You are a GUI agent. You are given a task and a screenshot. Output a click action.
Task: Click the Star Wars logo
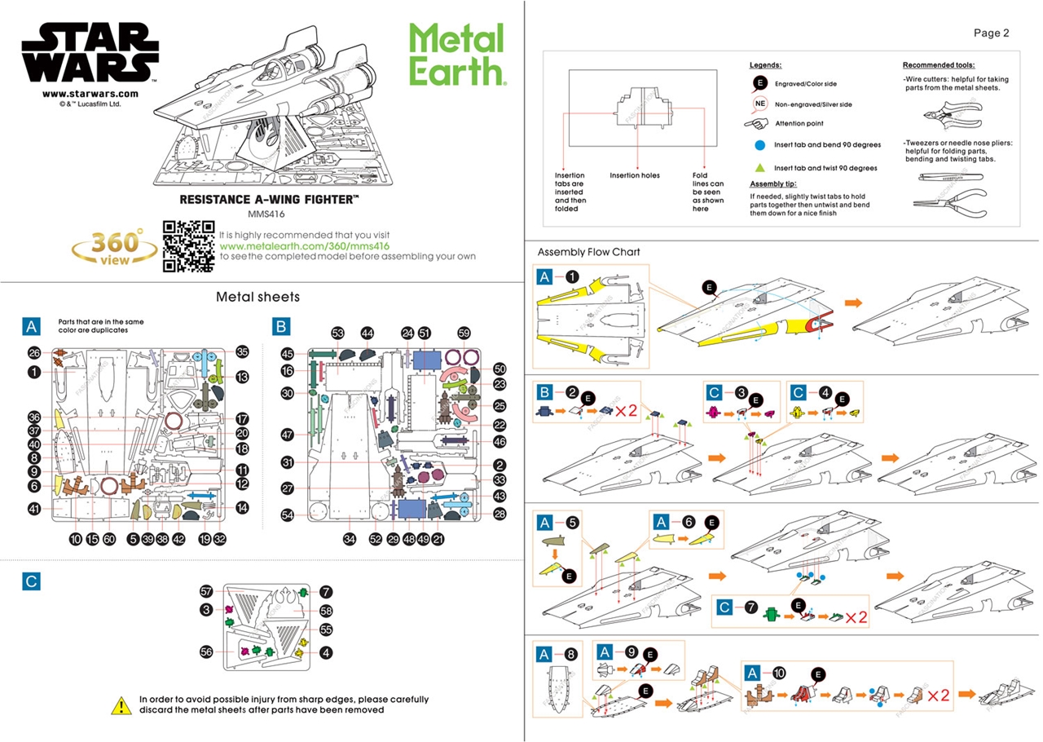[x=90, y=51]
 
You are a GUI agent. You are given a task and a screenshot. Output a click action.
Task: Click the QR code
[x=188, y=245]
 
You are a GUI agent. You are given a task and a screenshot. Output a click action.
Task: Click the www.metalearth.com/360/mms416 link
[x=305, y=245]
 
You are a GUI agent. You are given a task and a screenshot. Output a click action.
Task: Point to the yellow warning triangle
[x=121, y=704]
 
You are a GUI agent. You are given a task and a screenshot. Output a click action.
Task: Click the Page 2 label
[x=991, y=33]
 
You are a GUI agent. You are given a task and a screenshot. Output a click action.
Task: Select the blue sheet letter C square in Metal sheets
[x=31, y=581]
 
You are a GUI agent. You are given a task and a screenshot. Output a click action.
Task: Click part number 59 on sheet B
[x=464, y=333]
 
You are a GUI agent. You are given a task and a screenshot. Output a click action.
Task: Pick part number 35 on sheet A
[x=242, y=352]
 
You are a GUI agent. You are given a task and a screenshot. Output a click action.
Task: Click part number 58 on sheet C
[x=326, y=610]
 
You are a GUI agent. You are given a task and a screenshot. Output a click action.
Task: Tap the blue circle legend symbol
[x=759, y=144]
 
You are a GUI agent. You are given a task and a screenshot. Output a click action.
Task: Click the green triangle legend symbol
[x=759, y=167]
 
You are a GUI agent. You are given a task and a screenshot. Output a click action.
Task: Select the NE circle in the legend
[x=759, y=104]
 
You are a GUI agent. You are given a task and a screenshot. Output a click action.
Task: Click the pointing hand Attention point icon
[x=757, y=124]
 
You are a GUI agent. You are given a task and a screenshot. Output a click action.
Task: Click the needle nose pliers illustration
[x=949, y=200]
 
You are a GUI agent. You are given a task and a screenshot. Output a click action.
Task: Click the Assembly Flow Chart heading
[x=589, y=252]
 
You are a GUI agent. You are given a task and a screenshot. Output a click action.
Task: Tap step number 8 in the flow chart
[x=571, y=654]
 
